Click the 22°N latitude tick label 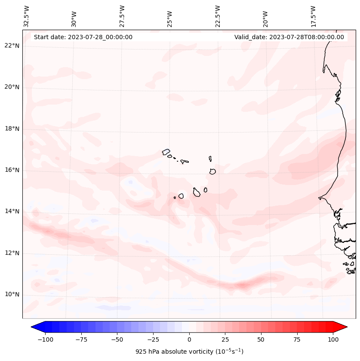click(x=12, y=46)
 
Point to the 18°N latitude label click(x=12, y=129)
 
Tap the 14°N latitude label click(x=12, y=211)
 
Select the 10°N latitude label click(x=12, y=294)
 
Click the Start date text click(x=83, y=37)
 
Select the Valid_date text click(x=289, y=37)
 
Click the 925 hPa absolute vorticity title click(x=189, y=352)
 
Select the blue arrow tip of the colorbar click(x=36, y=327)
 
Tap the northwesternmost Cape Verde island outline click(x=166, y=151)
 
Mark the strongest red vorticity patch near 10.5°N click(x=242, y=285)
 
